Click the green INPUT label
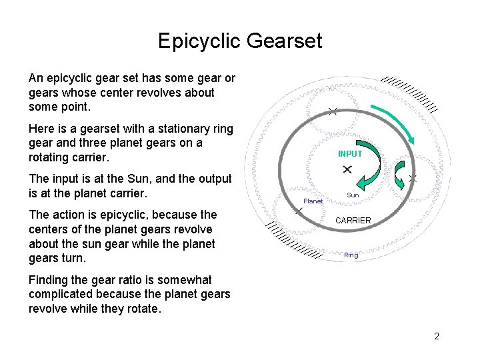tap(350, 154)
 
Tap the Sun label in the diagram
tap(353, 195)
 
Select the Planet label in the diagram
tap(313, 201)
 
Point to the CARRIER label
tap(353, 220)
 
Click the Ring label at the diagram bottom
tap(351, 255)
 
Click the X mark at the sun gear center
tap(347, 171)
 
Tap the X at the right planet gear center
tap(413, 179)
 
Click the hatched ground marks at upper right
tap(413, 93)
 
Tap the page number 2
tap(437, 336)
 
